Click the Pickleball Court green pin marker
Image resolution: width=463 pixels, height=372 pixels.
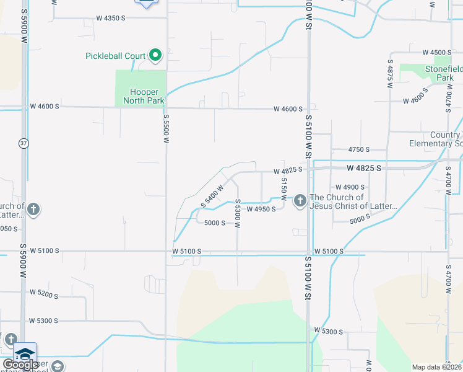click(x=155, y=56)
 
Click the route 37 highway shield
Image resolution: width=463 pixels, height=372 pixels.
click(x=24, y=143)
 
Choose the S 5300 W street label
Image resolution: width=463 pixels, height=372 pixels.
click(x=237, y=216)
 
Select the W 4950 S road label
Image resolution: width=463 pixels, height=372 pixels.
click(x=261, y=210)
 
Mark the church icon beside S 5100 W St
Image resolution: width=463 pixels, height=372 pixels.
click(x=300, y=200)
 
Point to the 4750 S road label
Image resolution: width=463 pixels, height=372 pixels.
click(x=358, y=149)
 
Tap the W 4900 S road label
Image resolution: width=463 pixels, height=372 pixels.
click(x=351, y=187)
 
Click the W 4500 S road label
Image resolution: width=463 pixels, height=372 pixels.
click(x=438, y=53)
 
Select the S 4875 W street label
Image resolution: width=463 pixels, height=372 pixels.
click(x=391, y=75)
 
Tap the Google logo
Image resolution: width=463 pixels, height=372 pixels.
click(x=20, y=365)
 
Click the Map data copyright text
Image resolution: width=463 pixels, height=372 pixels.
click(x=436, y=367)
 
